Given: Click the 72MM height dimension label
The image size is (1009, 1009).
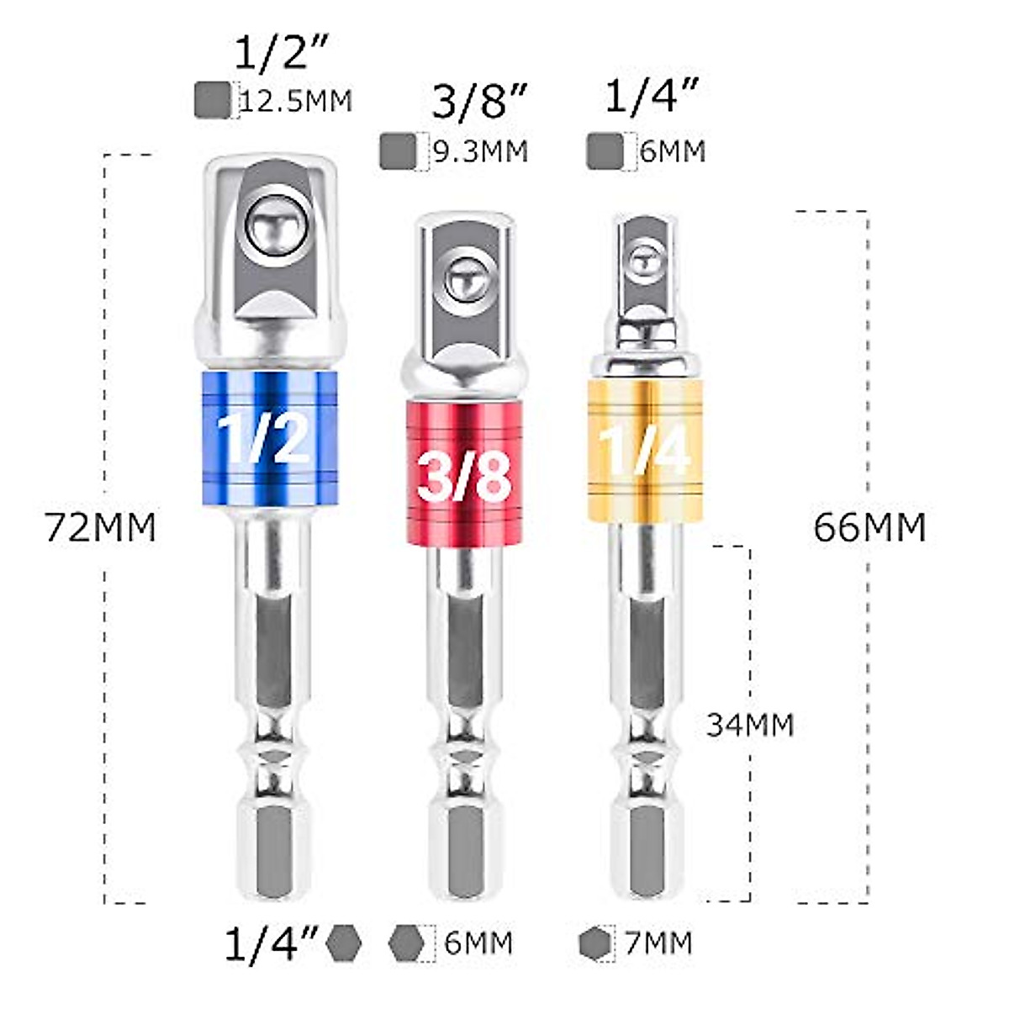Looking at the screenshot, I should (101, 528).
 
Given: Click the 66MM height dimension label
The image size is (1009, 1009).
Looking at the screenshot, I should (869, 528).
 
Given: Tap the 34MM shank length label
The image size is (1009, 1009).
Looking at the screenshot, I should (749, 725).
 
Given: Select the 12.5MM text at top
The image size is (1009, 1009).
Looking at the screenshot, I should (296, 101).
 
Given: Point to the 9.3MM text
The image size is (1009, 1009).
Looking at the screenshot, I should (480, 152).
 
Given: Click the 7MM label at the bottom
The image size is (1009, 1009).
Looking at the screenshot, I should (658, 943).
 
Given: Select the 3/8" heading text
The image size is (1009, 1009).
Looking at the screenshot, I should (479, 103).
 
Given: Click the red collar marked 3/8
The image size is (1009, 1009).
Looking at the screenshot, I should (465, 473).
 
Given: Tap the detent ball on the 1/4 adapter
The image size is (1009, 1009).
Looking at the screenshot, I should (645, 259).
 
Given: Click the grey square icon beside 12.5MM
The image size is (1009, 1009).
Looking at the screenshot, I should (212, 100).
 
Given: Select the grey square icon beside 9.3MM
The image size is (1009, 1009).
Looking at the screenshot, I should (398, 152).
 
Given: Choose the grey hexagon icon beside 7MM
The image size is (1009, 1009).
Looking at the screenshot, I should (595, 943).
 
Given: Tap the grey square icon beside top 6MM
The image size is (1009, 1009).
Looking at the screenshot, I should (605, 151).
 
